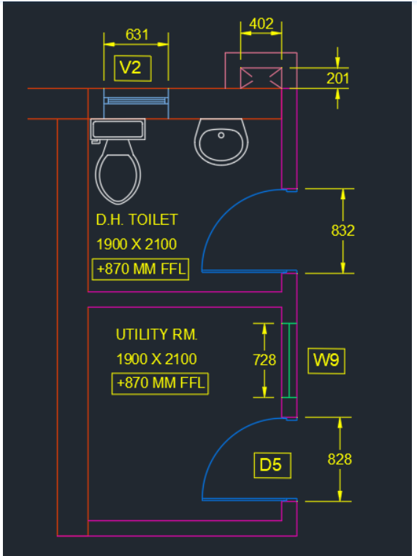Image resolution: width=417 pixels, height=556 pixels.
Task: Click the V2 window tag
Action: click(x=133, y=68)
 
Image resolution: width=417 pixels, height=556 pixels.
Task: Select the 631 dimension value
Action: click(x=137, y=35)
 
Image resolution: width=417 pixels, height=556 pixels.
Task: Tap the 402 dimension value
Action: click(x=261, y=24)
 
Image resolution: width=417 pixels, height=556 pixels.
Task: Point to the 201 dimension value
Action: click(x=337, y=78)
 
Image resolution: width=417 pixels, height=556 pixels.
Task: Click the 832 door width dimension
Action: click(x=343, y=231)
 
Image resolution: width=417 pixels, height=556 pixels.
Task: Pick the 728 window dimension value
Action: click(x=264, y=360)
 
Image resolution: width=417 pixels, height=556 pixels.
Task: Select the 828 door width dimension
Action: click(x=340, y=459)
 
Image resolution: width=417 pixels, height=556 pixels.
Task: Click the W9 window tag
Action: click(x=326, y=360)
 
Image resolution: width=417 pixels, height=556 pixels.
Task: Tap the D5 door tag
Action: click(x=272, y=466)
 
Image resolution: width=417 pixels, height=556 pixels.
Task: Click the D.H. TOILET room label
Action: click(x=137, y=220)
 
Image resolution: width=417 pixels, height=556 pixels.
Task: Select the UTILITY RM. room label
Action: click(x=156, y=335)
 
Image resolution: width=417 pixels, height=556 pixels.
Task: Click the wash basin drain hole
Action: click(x=221, y=135)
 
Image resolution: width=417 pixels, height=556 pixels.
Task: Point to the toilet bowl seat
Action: click(x=118, y=178)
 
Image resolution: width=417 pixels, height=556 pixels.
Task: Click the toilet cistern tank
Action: click(x=118, y=129)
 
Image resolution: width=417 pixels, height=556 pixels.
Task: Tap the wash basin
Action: click(x=221, y=142)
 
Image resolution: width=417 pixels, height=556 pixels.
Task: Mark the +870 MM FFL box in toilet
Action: click(x=140, y=269)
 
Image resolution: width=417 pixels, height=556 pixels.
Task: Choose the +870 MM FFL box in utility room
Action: click(x=160, y=383)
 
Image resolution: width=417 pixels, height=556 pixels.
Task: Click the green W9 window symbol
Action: click(x=289, y=360)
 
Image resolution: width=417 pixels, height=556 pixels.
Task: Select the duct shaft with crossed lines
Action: click(x=261, y=77)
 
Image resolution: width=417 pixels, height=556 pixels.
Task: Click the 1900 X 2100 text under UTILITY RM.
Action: click(x=156, y=359)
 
